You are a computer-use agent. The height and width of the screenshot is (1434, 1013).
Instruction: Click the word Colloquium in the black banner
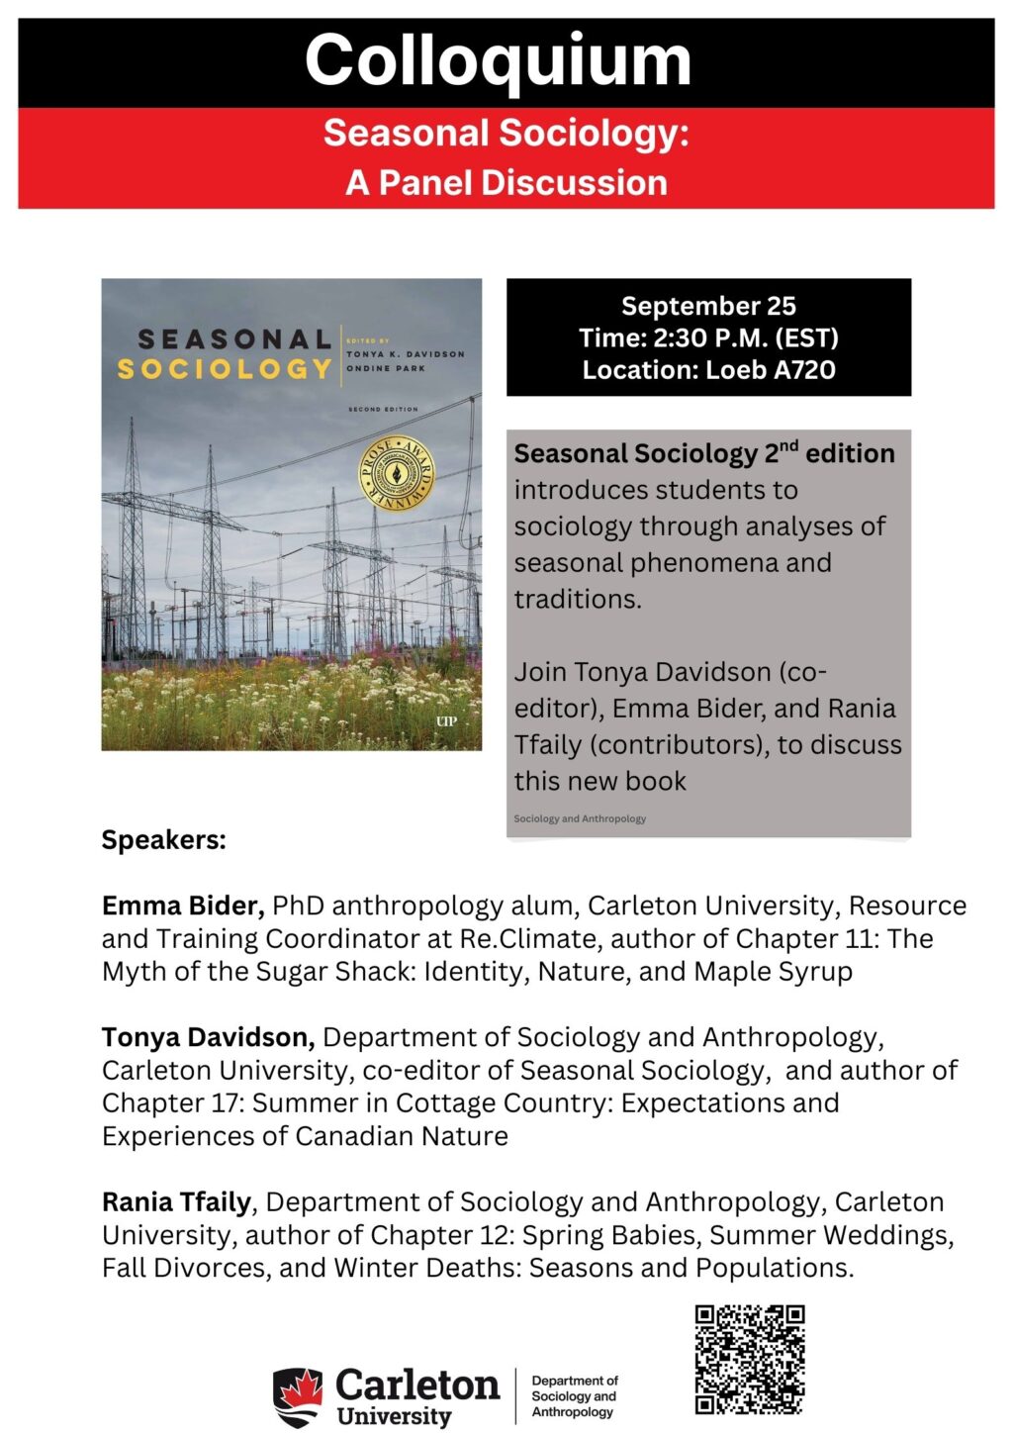coord(498,61)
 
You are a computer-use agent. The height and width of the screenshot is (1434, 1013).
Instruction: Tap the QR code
coord(749,1359)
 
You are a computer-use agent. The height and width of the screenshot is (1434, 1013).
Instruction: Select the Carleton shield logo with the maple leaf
coord(298,1396)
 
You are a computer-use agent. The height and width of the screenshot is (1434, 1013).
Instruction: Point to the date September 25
coord(708,306)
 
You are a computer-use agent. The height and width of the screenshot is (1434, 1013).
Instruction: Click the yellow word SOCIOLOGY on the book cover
coord(225,369)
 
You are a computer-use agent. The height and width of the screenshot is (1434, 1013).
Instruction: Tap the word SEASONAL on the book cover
coord(234,339)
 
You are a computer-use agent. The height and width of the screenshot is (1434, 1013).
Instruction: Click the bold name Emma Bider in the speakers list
coord(182,906)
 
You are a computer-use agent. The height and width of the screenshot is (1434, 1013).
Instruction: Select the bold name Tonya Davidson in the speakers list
coord(208,1037)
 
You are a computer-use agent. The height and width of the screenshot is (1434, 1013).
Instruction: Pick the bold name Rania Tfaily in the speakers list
coord(176,1201)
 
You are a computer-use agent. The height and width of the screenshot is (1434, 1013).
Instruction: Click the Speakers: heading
coord(164,840)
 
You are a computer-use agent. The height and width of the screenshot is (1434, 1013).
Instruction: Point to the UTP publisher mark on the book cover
coord(446,721)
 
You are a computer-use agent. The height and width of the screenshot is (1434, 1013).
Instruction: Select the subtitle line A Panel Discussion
coord(506,183)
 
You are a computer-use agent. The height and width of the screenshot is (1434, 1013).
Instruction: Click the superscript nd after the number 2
coord(788,447)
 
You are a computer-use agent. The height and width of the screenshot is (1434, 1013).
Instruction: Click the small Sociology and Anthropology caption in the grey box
coord(580,818)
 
